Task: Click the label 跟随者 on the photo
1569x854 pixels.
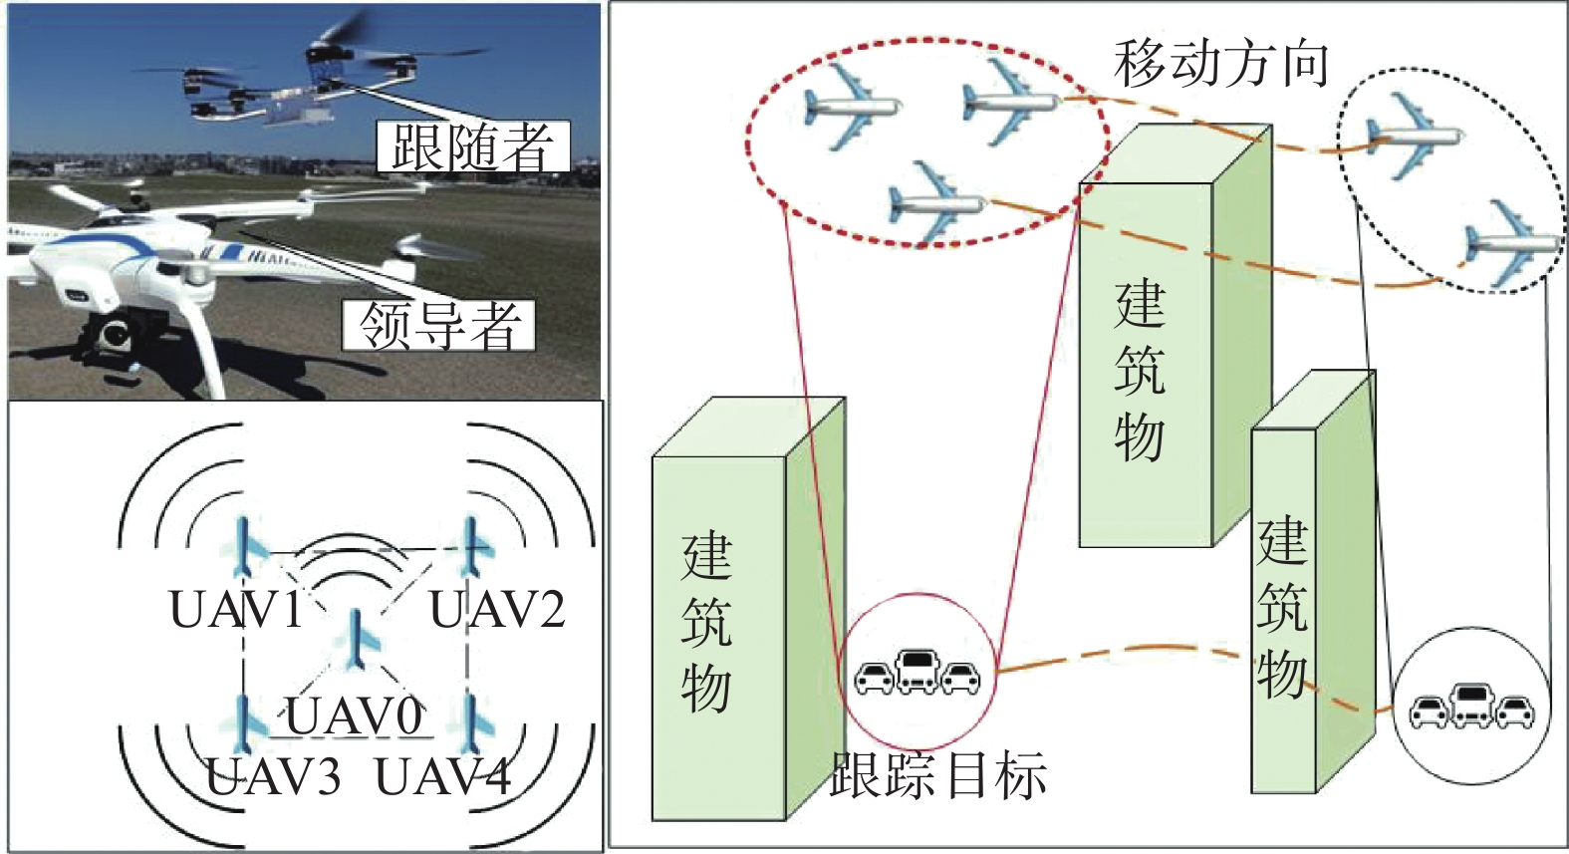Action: pyautogui.click(x=473, y=147)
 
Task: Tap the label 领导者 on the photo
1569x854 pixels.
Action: pyautogui.click(x=439, y=325)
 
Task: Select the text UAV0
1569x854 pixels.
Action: pyautogui.click(x=354, y=715)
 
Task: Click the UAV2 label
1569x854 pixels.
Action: pyautogui.click(x=497, y=610)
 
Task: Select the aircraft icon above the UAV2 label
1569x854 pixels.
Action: pyautogui.click(x=474, y=547)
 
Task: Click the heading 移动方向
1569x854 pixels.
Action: pyautogui.click(x=1221, y=64)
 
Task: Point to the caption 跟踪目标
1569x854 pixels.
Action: pyautogui.click(x=938, y=775)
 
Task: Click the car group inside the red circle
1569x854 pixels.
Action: pyautogui.click(x=917, y=673)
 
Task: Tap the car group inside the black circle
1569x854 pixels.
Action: pyautogui.click(x=1471, y=707)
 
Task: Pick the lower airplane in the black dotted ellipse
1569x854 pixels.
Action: pyautogui.click(x=1509, y=242)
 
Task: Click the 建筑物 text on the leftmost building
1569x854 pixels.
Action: pyautogui.click(x=706, y=623)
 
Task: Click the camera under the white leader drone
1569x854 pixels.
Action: pyautogui.click(x=112, y=335)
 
